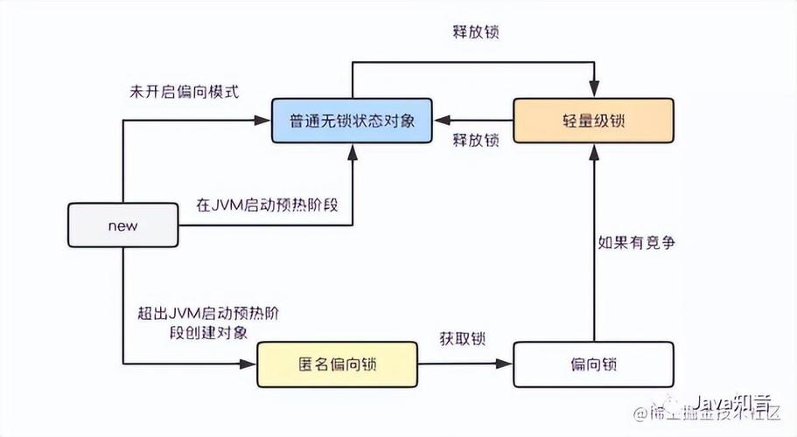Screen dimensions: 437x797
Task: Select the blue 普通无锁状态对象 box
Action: pyautogui.click(x=351, y=121)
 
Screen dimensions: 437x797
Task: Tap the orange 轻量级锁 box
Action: pyautogui.click(x=593, y=121)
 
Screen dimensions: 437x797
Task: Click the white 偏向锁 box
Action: pyautogui.click(x=593, y=364)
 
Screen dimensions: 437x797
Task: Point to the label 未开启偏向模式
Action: pyautogui.click(x=183, y=92)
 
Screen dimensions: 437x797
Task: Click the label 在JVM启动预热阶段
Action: pyautogui.click(x=267, y=206)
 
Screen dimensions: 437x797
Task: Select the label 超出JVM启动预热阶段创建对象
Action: pyautogui.click(x=208, y=323)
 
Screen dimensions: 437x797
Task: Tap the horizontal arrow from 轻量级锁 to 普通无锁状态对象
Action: pyautogui.click(x=472, y=121)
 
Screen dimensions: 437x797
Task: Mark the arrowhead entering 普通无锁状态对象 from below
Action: pyautogui.click(x=351, y=151)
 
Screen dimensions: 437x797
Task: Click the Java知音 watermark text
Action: pyautogui.click(x=733, y=403)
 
